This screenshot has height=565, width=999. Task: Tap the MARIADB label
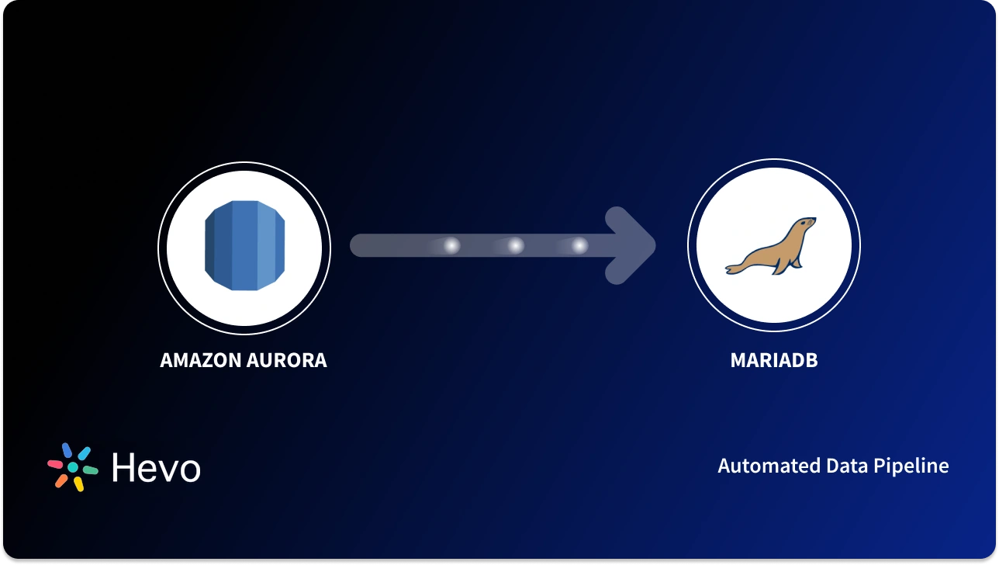773,361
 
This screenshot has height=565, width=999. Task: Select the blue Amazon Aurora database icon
244,246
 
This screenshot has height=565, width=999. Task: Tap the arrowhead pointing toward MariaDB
632,246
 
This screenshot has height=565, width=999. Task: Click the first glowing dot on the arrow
451,246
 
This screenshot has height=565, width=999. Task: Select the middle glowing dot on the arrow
515,246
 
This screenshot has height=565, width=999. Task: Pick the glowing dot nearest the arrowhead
579,246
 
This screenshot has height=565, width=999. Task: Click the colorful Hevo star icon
72,467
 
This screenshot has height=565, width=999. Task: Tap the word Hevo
156,468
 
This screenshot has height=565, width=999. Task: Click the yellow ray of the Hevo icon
78,484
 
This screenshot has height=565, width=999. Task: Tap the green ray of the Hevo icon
90,470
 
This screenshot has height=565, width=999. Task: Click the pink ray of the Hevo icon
55,464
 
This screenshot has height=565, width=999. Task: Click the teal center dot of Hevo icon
72,468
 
